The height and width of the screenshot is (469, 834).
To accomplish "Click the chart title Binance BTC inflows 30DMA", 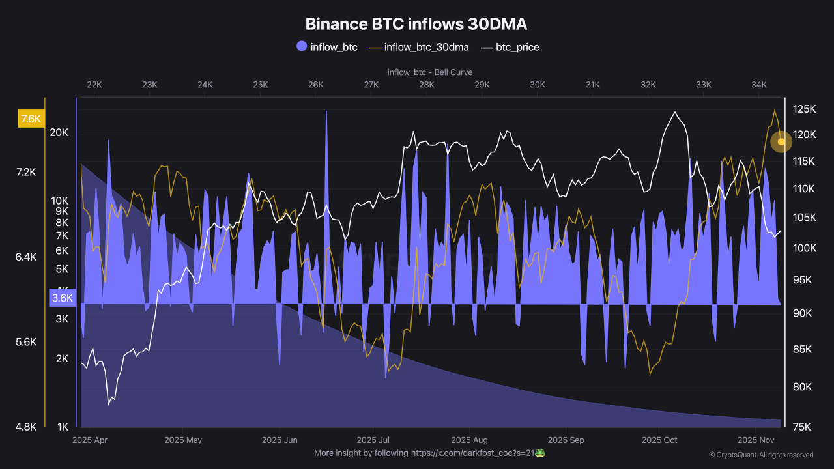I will tap(416, 24).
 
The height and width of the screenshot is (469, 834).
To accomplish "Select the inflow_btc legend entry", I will tap(327, 47).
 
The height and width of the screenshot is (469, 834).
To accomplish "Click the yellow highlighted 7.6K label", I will tap(31, 119).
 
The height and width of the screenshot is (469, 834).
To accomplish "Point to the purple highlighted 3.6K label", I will tap(63, 298).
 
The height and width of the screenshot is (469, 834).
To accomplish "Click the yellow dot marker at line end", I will tap(781, 141).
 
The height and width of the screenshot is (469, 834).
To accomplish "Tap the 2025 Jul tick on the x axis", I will tap(373, 440).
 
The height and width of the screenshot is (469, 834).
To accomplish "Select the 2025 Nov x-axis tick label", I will tap(756, 440).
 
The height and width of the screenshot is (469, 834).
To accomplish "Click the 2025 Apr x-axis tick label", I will tap(91, 440).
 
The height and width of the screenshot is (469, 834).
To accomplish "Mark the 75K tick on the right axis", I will tap(801, 427).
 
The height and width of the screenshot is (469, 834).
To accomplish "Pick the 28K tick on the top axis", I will tap(427, 85).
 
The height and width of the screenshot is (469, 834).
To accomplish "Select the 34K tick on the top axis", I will tap(759, 85).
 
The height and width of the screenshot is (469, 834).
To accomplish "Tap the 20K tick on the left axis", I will tap(59, 133).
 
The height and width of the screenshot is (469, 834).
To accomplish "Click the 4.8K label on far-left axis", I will tap(26, 427).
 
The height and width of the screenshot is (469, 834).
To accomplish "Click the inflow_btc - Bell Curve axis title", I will tap(429, 72).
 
